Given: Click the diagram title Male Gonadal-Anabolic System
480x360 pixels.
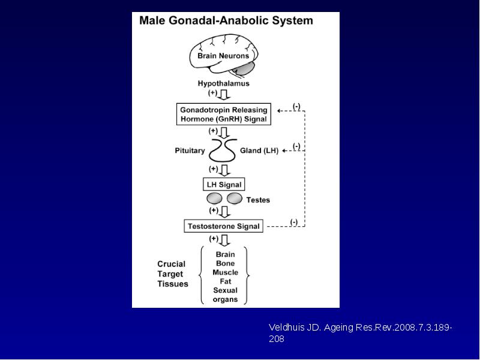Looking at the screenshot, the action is pos(226,20).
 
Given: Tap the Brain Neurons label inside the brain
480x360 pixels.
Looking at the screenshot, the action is pos(223,56).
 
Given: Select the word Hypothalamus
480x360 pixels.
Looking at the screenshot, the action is pos(223,83).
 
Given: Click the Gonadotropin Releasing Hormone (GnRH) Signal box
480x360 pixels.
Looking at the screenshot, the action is pos(224,114).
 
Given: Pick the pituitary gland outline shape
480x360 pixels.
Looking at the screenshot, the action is pos(223,151).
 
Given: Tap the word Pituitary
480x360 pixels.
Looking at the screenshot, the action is pos(190,151).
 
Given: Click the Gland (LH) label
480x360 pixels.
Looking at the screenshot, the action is pos(259,151).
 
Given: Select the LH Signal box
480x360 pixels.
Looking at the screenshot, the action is pos(224,185).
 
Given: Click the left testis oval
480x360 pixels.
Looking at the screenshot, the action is pos(214,199).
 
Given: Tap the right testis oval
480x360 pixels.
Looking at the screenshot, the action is pos(235,199).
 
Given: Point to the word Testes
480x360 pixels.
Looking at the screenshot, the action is pos(258,200).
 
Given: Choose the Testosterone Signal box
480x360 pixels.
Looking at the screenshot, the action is pos(223,226).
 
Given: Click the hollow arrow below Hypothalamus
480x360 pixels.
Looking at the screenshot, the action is pos(224,95).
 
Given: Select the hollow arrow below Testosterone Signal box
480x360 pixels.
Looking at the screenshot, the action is pos(224,241).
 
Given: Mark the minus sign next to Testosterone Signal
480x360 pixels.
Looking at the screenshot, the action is pos(294,221).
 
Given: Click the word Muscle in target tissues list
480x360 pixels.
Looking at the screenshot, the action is pos(226,272).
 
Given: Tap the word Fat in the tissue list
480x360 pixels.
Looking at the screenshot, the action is pos(226,281).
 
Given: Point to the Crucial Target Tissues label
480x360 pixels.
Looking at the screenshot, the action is pos(173,274).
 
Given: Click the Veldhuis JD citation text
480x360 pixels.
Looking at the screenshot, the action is pos(361,333).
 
